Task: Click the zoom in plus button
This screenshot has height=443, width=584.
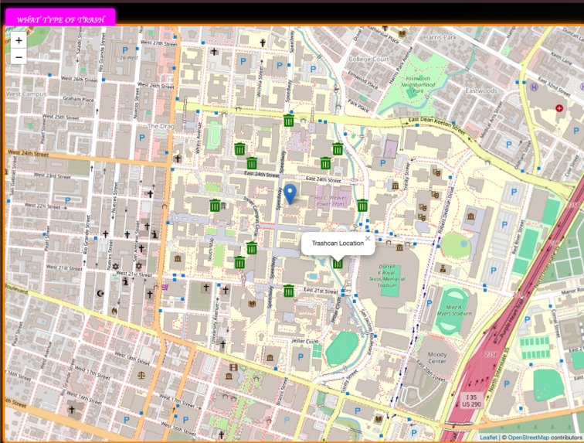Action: [x=19, y=40]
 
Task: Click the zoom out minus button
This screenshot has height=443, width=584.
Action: [x=19, y=57]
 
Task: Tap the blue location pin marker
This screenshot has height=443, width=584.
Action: [x=290, y=193]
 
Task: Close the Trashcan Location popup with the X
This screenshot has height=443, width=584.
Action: [x=368, y=238]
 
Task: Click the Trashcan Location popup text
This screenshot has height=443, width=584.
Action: [x=338, y=244]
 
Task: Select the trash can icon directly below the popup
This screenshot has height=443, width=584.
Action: [x=338, y=264]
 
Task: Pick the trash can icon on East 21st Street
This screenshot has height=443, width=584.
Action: [x=288, y=291]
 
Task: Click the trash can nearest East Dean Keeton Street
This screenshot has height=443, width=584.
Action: [x=288, y=121]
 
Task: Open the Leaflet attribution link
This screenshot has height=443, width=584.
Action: [x=488, y=438]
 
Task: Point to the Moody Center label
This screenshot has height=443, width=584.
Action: [x=436, y=358]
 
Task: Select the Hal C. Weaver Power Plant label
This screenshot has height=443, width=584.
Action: [x=333, y=201]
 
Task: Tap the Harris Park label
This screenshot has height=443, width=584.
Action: [x=440, y=37]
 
